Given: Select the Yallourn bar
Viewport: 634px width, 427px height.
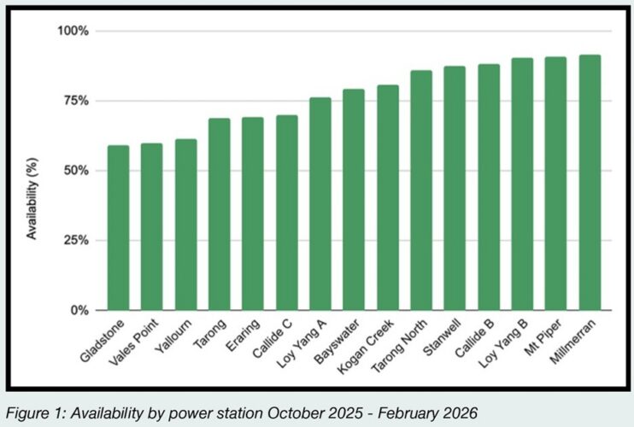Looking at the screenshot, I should [185, 225].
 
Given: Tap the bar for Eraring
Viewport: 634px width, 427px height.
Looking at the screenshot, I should [253, 213].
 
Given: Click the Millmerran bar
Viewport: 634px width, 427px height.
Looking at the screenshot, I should [590, 183].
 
